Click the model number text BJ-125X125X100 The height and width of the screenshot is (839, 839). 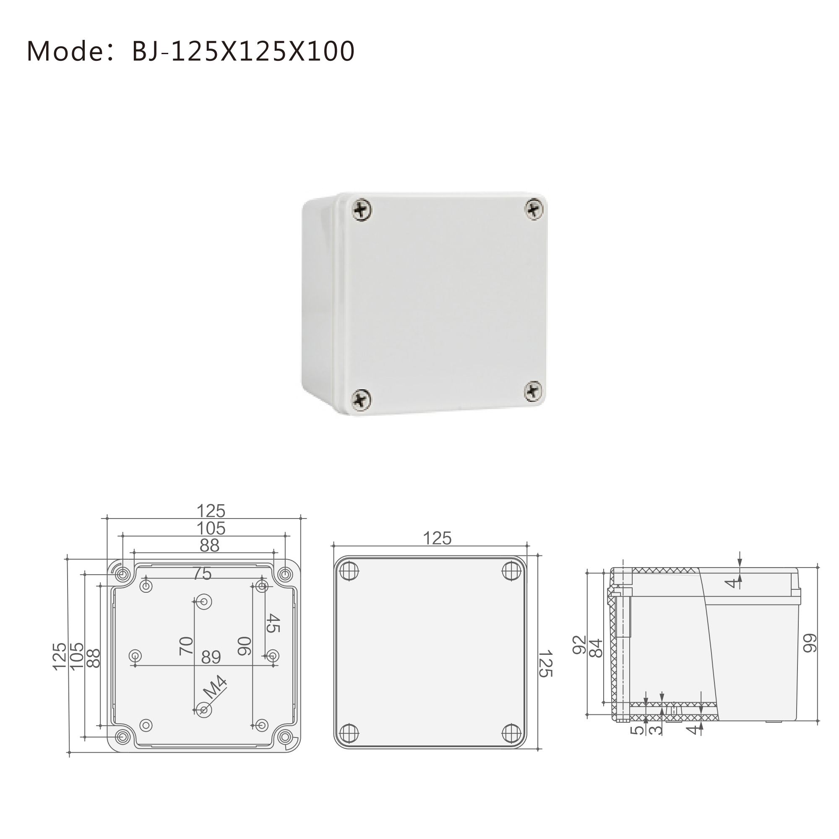click(243, 51)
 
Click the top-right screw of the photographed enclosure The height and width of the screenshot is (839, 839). click(534, 208)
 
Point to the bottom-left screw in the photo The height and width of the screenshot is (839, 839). click(361, 399)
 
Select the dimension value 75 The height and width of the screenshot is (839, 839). click(202, 574)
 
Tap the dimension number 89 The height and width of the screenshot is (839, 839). click(211, 657)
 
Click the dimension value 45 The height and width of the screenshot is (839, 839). click(273, 623)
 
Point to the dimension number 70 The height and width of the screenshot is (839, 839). click(186, 646)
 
